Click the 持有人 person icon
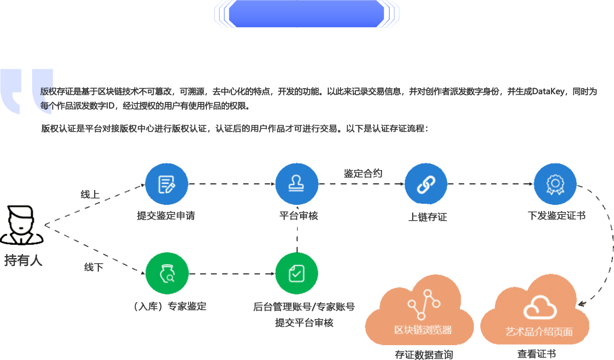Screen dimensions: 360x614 click(x=21, y=225)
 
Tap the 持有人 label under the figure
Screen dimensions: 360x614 click(x=23, y=260)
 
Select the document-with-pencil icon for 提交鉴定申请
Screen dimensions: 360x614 click(x=166, y=184)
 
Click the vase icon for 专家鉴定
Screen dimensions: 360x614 click(x=166, y=273)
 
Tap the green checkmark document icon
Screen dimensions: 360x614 click(x=297, y=273)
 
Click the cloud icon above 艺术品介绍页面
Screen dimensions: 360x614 click(x=540, y=307)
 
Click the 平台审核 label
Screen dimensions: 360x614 click(x=299, y=216)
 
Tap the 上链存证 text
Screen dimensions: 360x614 click(x=428, y=217)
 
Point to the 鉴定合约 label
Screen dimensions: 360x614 click(x=363, y=174)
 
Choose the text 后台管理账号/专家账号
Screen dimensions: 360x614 click(x=304, y=307)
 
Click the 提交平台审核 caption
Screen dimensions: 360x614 click(x=304, y=323)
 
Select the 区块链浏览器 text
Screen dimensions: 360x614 click(x=423, y=330)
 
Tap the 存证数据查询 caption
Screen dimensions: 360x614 click(x=424, y=355)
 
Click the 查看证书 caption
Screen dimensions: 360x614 click(x=536, y=354)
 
